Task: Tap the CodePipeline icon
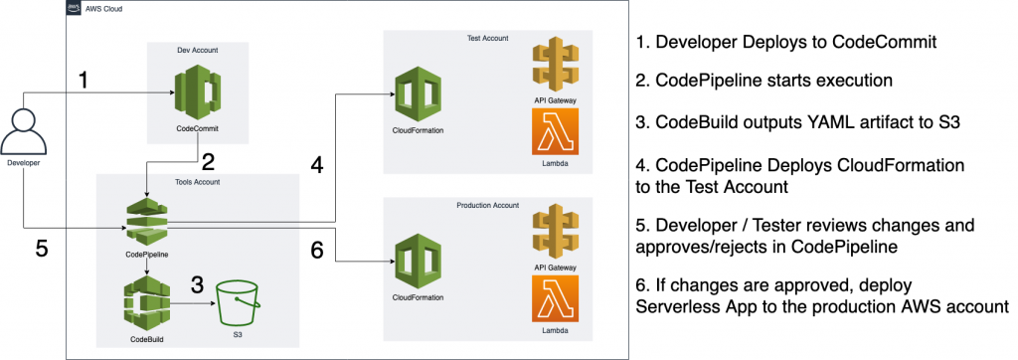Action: [146, 220]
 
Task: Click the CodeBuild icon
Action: [146, 303]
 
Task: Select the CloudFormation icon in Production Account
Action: [419, 261]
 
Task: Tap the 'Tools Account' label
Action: [199, 181]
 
